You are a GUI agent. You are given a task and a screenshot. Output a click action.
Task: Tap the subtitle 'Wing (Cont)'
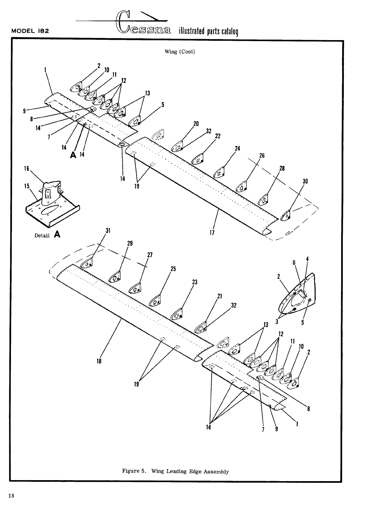click(179, 52)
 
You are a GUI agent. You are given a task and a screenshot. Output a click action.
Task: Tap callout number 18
click(99, 361)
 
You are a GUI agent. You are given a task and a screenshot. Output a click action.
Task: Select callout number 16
click(27, 168)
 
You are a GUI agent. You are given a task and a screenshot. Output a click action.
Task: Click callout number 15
click(27, 186)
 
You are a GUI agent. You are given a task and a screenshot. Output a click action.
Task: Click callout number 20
click(196, 124)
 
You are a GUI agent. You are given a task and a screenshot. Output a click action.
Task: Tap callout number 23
click(195, 282)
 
